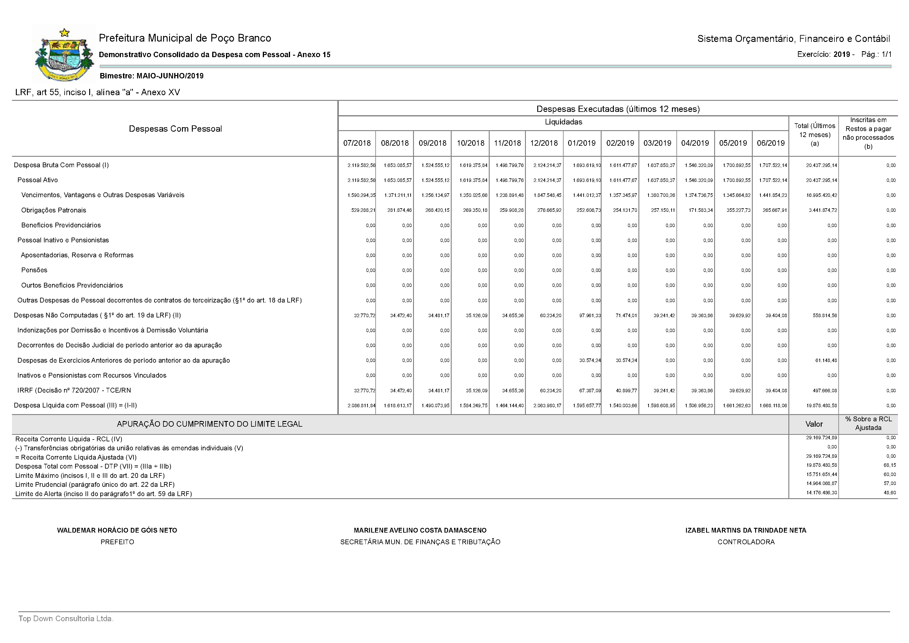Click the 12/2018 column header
click(x=544, y=143)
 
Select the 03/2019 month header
click(x=657, y=143)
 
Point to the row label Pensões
click(x=34, y=270)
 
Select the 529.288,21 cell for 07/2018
click(x=363, y=210)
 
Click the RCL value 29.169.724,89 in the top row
click(x=821, y=438)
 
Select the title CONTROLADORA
click(x=746, y=542)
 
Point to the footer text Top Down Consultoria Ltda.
click(x=66, y=618)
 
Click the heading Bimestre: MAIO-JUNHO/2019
click(x=151, y=76)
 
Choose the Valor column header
click(x=814, y=424)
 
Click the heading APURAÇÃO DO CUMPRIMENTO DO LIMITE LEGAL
click(x=210, y=424)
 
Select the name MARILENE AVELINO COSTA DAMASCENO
click(x=420, y=530)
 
